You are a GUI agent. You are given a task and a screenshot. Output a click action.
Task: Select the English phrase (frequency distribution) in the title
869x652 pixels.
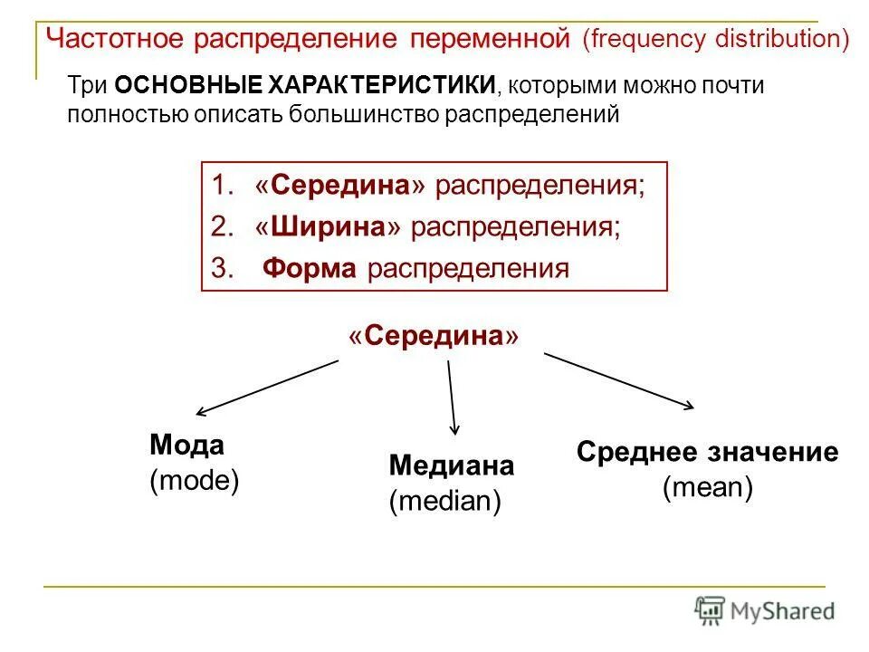[715, 40]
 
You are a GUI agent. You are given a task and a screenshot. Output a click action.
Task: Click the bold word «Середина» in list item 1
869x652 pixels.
[341, 187]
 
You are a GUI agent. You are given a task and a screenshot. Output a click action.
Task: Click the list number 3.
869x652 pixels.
[221, 269]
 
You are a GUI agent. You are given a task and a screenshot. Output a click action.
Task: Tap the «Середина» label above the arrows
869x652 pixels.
[434, 336]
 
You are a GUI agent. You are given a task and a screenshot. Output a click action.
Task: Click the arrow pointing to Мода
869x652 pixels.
[268, 388]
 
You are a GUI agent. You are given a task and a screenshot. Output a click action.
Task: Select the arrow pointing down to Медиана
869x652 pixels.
[452, 397]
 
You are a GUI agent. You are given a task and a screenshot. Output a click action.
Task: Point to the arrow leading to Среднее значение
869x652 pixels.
[619, 380]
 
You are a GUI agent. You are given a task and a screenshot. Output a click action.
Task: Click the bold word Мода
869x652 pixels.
[186, 445]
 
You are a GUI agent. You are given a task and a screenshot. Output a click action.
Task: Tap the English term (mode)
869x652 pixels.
[195, 480]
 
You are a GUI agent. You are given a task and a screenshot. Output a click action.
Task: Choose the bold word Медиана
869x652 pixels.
[452, 465]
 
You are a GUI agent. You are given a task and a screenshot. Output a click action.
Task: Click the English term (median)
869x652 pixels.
[445, 501]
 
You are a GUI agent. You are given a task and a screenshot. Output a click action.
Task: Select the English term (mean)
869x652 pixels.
[708, 488]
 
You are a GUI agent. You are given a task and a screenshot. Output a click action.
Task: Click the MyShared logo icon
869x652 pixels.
[711, 610]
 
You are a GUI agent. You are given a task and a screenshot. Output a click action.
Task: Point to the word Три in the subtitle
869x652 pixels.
[89, 86]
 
